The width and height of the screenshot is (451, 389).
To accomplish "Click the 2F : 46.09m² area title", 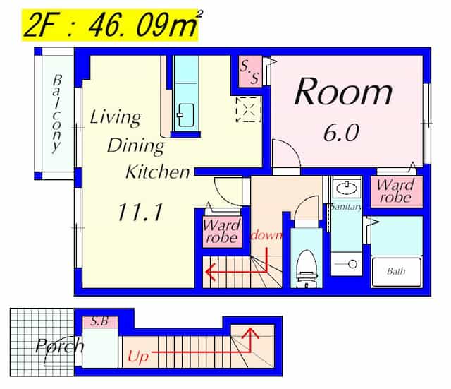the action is click(x=111, y=25).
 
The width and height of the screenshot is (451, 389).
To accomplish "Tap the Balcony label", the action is click(x=57, y=114).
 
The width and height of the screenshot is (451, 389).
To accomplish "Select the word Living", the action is click(x=116, y=118).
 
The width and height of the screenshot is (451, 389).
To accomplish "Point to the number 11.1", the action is click(x=140, y=213).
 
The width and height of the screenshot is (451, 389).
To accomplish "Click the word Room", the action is click(x=344, y=92).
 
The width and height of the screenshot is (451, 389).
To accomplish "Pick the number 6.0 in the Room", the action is click(x=341, y=133).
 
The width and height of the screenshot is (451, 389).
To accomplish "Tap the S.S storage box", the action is click(x=250, y=71).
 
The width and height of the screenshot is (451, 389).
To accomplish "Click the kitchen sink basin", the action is click(x=185, y=115).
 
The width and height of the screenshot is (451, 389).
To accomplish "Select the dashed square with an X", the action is click(x=248, y=109).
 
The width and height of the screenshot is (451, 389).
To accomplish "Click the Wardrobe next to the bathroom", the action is click(x=396, y=192).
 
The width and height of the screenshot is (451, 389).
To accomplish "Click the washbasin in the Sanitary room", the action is click(x=347, y=188).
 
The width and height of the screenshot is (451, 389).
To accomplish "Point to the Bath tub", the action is click(x=397, y=273).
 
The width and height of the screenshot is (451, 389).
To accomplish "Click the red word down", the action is click(x=266, y=235).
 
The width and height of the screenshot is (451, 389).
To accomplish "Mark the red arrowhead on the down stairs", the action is click(x=210, y=272).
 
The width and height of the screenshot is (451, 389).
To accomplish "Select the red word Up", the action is click(x=138, y=357).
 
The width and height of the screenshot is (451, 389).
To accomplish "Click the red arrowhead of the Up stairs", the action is click(x=251, y=333).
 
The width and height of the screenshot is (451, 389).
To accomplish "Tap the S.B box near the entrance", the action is click(x=100, y=322).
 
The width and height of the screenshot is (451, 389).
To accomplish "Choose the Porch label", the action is click(x=59, y=346).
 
